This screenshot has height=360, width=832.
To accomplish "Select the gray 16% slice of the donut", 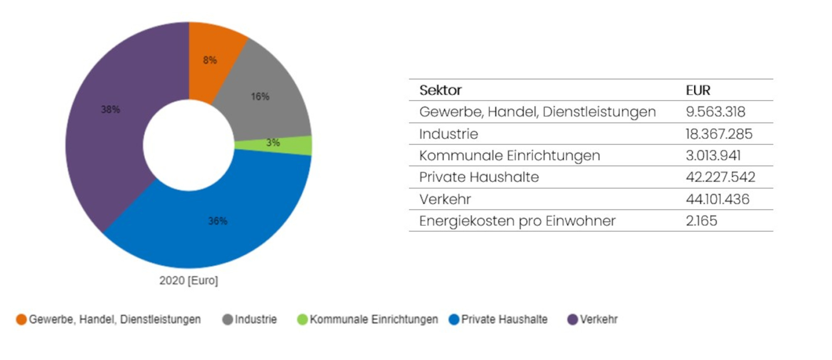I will click(262, 100).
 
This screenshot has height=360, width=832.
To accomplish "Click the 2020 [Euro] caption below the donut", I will click(188, 281).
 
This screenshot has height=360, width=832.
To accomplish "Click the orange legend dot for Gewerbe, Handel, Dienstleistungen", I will click(21, 320).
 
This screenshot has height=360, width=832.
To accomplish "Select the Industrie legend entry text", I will click(255, 320).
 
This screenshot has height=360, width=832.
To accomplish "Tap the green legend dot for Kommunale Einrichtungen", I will click(302, 320).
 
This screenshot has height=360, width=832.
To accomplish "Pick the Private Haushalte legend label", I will click(504, 320).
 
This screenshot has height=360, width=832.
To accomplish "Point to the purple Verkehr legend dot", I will click(572, 320).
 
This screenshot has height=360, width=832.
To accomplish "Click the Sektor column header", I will click(440, 90).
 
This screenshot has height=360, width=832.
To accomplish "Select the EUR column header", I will click(698, 90).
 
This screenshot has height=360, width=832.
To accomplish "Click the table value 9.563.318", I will click(715, 112).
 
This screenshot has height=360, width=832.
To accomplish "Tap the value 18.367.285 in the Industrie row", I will click(719, 134).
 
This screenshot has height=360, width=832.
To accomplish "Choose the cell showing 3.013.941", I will click(713, 156).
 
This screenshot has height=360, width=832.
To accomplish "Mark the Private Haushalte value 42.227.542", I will click(720, 177).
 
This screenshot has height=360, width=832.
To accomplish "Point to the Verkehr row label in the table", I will click(445, 199).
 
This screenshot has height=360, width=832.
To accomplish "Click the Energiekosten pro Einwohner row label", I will click(517, 221).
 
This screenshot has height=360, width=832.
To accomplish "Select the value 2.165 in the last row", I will click(701, 221).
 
